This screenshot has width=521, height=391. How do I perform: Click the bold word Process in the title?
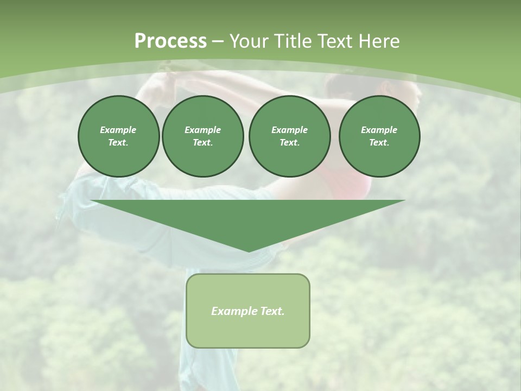(x=170, y=41)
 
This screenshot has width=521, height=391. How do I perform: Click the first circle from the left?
(x=118, y=136)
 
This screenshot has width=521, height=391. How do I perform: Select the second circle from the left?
(x=202, y=136)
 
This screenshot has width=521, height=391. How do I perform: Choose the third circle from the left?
(x=289, y=136)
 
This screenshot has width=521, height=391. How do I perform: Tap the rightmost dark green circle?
(x=379, y=136)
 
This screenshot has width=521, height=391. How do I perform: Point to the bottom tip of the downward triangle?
(x=249, y=251)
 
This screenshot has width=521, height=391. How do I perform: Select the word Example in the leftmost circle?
(x=118, y=130)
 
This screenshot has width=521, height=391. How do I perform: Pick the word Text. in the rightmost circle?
(x=379, y=142)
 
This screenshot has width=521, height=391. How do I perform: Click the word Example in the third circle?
(x=289, y=130)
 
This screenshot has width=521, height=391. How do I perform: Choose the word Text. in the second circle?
(x=202, y=142)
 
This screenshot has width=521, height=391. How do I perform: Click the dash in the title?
(x=218, y=41)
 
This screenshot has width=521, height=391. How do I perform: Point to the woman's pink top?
(x=353, y=185)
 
